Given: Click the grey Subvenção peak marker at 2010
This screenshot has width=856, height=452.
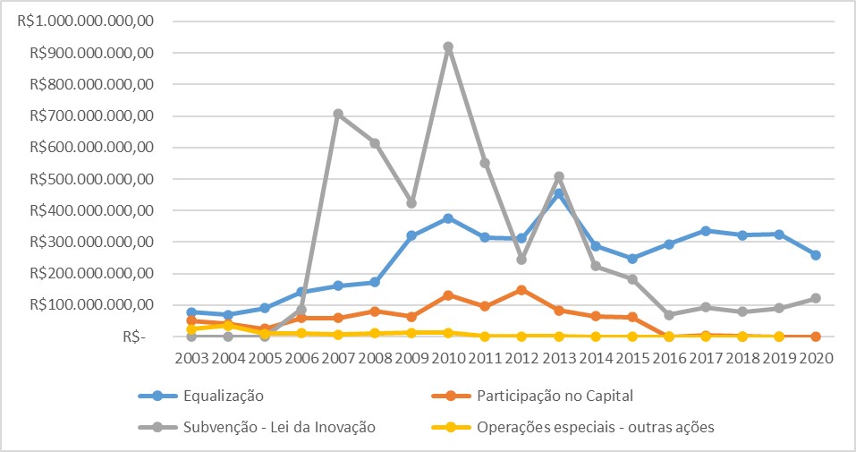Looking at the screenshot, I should [448, 47].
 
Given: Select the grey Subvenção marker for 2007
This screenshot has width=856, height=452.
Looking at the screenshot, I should [338, 114].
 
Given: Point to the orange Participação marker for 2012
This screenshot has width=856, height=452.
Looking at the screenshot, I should [521, 290].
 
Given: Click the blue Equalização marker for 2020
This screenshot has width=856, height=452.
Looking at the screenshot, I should [815, 255].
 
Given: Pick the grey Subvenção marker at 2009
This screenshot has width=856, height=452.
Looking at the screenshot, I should [411, 203].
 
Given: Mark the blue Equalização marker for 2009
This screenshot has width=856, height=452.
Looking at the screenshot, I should [411, 236].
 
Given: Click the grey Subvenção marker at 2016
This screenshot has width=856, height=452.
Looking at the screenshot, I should [668, 315].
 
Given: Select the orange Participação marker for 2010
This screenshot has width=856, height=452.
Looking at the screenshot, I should [448, 294].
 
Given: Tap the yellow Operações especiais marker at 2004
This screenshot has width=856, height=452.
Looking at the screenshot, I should [228, 326].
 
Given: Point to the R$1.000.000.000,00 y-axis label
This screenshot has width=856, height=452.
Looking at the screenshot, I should [86, 21].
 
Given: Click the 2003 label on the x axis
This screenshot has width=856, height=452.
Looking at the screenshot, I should [191, 357].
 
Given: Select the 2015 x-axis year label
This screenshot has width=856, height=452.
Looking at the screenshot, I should [631, 357].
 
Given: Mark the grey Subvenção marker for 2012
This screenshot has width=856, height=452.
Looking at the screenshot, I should [521, 260].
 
